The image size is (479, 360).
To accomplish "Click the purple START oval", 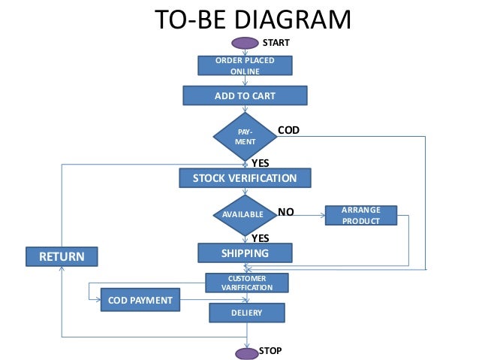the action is pyautogui.click(x=245, y=43).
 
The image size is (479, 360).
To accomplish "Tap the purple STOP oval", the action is pyautogui.click(x=247, y=353).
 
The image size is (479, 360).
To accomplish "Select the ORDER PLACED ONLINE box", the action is pyautogui.click(x=245, y=65).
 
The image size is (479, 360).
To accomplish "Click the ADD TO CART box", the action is pyautogui.click(x=245, y=95).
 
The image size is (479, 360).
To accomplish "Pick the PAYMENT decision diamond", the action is pyautogui.click(x=245, y=137).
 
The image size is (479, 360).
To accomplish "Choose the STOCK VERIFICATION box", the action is pyautogui.click(x=245, y=178).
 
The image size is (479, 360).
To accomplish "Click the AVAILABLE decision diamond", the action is pyautogui.click(x=245, y=215).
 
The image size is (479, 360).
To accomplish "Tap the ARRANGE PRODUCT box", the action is pyautogui.click(x=361, y=216).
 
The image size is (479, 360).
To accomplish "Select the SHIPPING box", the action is pyautogui.click(x=245, y=253).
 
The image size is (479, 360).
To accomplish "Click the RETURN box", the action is pyautogui.click(x=62, y=256).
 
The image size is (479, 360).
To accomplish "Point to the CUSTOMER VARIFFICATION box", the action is pyautogui.click(x=247, y=283).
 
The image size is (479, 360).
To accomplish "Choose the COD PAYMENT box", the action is pyautogui.click(x=140, y=300).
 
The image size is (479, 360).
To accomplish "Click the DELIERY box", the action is pyautogui.click(x=247, y=313).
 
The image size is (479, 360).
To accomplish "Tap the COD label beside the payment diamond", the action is pyautogui.click(x=289, y=130).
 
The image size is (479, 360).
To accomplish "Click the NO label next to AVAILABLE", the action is pyautogui.click(x=286, y=212).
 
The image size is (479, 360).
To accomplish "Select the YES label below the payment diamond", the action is pyautogui.click(x=261, y=163).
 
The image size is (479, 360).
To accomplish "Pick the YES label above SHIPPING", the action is pyautogui.click(x=261, y=238).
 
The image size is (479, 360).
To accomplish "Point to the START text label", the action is pyautogui.click(x=276, y=43).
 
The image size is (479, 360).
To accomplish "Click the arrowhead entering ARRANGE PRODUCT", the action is pyautogui.click(x=323, y=216).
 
